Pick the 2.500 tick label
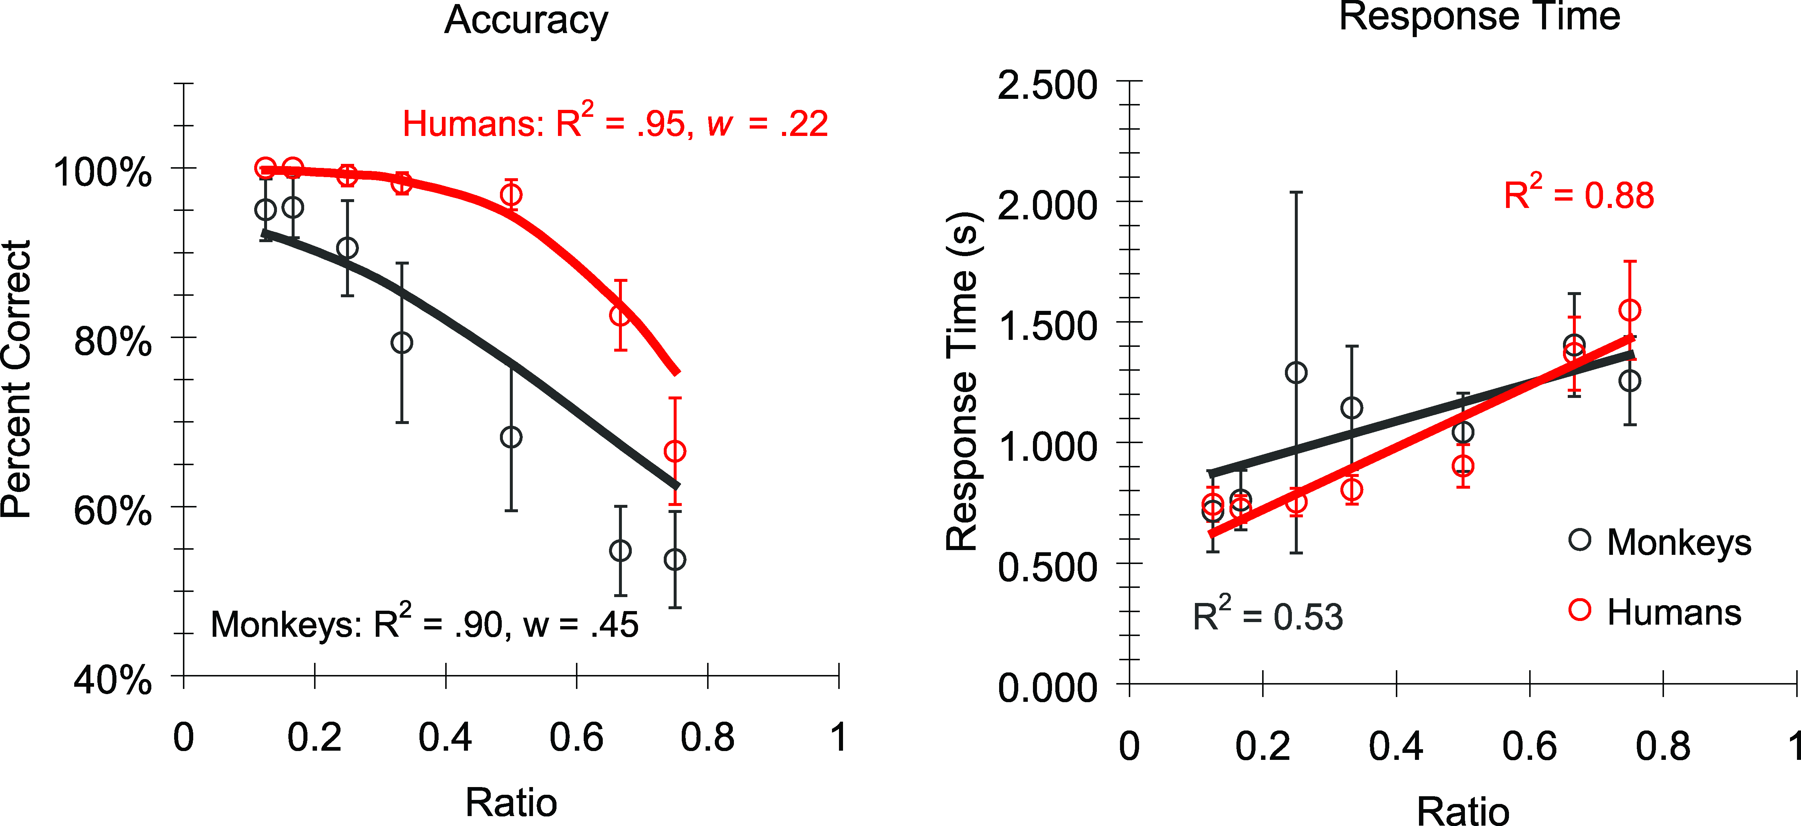(x=1047, y=86)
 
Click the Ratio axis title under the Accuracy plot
(x=511, y=802)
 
